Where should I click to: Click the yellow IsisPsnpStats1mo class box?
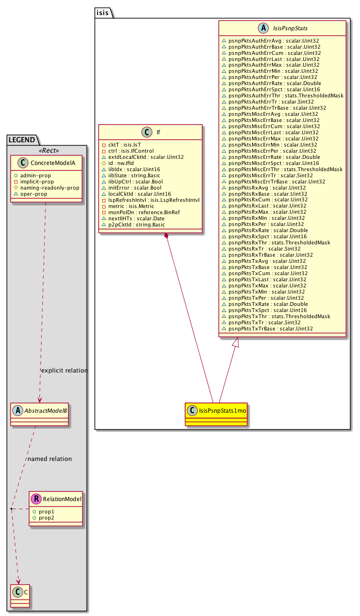coord(216,409)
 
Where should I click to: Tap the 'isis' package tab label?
coord(103,13)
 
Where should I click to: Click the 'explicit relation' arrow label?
coord(64,370)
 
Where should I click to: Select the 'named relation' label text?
coord(50,459)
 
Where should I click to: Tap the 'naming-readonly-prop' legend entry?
coord(50,188)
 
